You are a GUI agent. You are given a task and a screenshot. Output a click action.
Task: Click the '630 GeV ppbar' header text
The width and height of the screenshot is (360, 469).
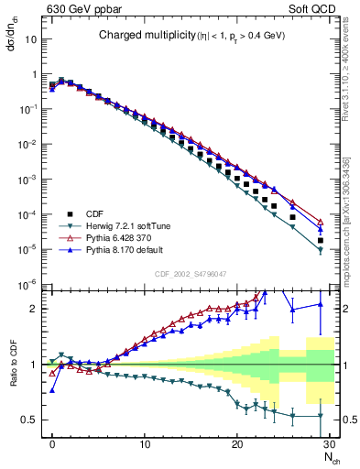point(80,9)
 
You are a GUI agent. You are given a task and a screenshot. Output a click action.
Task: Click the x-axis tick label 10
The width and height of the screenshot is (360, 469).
point(145,444)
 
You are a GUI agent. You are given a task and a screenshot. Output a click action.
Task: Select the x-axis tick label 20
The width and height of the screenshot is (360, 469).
point(237,444)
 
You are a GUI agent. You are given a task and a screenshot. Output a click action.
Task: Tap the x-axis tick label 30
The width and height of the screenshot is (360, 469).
point(329,444)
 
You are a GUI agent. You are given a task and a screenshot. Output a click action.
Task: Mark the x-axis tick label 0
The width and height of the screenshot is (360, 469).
point(53,444)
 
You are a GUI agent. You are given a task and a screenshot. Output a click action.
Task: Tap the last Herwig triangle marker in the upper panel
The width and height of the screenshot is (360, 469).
point(320,250)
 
